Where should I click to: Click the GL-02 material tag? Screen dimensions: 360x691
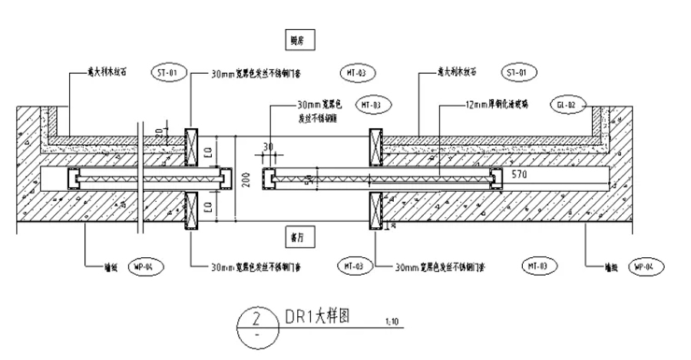pyautogui.click(x=568, y=103)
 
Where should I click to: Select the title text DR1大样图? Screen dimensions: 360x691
pyautogui.click(x=317, y=316)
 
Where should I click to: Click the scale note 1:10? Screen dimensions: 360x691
pyautogui.click(x=390, y=321)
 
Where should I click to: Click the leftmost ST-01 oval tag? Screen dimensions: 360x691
pyautogui.click(x=168, y=73)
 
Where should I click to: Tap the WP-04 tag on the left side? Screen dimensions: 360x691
pyautogui.click(x=143, y=266)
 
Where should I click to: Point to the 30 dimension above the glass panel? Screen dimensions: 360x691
pyautogui.click(x=269, y=147)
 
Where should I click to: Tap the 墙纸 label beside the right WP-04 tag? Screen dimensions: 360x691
pyautogui.click(x=611, y=267)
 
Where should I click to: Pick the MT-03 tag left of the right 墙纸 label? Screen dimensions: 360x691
pyautogui.click(x=537, y=266)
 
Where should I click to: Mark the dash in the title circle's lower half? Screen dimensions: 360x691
pyautogui.click(x=258, y=336)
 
